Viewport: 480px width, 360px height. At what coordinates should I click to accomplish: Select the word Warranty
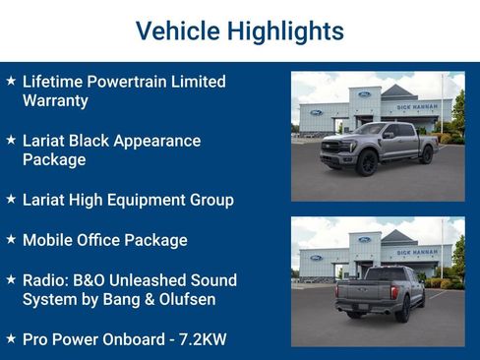(55, 100)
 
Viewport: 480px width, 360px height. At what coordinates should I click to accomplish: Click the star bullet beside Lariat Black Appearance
(11, 141)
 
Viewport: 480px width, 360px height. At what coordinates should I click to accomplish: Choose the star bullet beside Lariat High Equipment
(11, 200)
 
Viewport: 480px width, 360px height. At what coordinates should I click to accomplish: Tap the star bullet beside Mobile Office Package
(11, 240)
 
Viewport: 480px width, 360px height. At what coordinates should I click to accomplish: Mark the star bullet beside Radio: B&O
(11, 280)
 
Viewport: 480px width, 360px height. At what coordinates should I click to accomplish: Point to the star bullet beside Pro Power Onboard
(11, 339)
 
